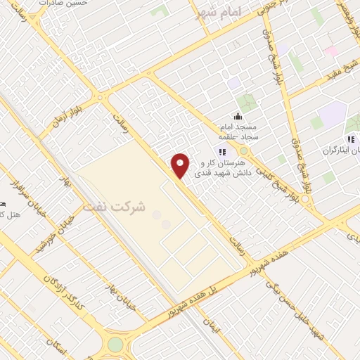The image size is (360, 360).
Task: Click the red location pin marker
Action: point(181,164)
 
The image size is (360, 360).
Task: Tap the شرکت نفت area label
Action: point(113,208)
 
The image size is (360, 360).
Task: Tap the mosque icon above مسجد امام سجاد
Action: point(238,116)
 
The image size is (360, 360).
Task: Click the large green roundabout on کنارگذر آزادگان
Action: point(115,345)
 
